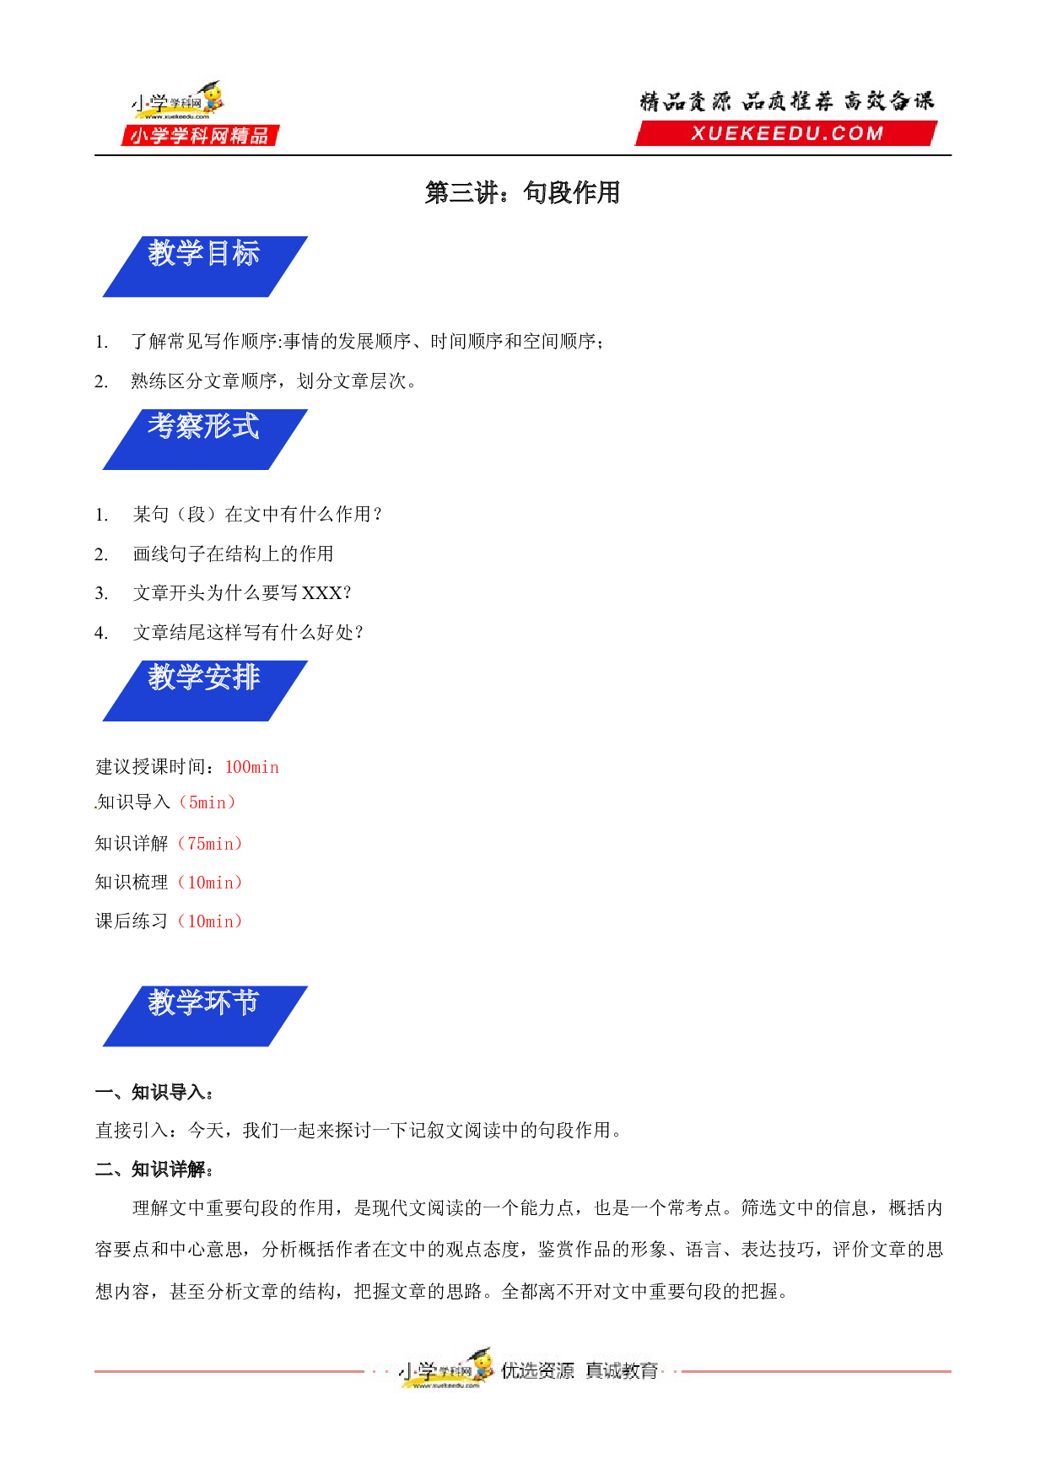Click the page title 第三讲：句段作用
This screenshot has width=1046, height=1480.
[522, 193]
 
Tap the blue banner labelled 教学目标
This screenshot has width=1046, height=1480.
[205, 267]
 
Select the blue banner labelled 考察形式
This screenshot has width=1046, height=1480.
[205, 440]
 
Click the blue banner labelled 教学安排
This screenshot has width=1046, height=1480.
[205, 691]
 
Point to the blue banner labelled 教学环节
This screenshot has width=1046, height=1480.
[205, 1016]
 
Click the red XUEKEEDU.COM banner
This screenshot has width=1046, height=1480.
[786, 133]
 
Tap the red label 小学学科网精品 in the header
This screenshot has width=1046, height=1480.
[200, 136]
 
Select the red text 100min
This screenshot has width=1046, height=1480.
[251, 767]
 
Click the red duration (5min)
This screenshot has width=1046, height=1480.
[208, 802]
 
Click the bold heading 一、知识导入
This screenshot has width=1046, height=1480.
[154, 1093]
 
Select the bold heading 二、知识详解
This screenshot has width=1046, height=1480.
[154, 1169]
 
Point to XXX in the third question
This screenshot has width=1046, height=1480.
[322, 593]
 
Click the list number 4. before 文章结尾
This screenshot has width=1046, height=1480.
[101, 633]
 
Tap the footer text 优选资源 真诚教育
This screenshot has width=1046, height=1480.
[580, 1370]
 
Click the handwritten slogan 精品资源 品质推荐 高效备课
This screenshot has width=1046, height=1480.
[787, 101]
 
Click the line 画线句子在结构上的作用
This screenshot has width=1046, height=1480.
[233, 554]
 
